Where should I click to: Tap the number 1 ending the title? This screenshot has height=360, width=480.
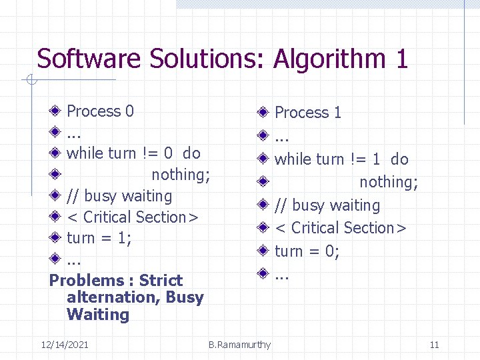(401, 59)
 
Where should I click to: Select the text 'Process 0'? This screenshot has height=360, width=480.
(100, 111)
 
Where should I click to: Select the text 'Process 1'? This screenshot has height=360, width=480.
(308, 113)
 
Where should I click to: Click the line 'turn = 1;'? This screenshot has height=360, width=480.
(99, 238)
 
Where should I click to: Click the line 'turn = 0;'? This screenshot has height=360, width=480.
(307, 251)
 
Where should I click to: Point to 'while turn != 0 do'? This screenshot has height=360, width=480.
(133, 153)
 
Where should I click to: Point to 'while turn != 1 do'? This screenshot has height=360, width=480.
(341, 159)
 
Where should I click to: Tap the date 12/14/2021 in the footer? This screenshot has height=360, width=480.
(65, 344)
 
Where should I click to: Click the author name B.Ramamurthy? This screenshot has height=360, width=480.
(239, 344)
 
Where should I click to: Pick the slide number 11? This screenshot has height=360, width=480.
(434, 344)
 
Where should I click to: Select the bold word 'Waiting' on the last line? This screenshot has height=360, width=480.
(98, 315)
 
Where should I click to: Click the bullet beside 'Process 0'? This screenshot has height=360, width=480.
(56, 111)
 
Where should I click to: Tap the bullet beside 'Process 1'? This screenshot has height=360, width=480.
(264, 112)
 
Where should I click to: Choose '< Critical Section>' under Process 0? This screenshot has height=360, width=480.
(133, 217)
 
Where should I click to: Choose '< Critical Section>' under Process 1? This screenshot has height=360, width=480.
(341, 228)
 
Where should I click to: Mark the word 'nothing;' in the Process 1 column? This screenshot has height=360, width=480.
(389, 182)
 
